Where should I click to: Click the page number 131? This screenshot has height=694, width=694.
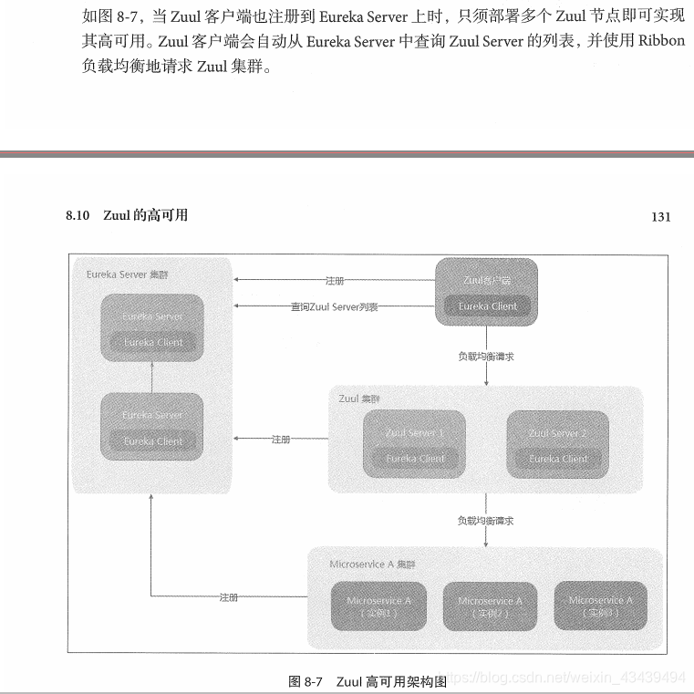[661, 216]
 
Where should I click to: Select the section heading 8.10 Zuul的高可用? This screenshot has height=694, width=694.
[127, 215]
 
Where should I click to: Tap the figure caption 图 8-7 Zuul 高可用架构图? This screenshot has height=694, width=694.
[367, 680]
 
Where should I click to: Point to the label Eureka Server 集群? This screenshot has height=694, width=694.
[127, 274]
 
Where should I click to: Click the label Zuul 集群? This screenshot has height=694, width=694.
[359, 399]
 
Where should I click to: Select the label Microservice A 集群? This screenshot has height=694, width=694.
[372, 565]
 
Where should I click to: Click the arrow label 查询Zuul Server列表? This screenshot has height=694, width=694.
[334, 307]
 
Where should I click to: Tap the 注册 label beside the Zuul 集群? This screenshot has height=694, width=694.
[280, 440]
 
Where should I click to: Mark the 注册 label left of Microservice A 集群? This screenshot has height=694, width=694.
[228, 597]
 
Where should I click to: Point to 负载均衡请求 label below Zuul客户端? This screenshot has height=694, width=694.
[485, 356]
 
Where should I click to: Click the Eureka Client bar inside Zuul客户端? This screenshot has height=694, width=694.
[487, 306]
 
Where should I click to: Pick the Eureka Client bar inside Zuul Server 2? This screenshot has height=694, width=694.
[558, 459]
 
